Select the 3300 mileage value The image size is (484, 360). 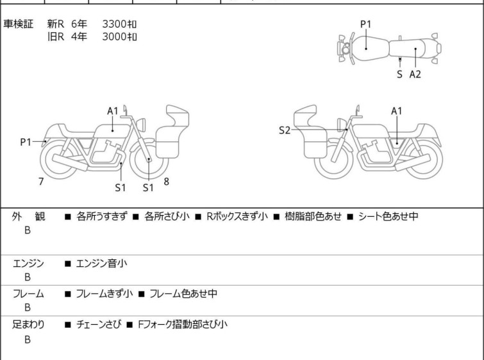click(x=119, y=24)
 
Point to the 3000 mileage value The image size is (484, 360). click(x=119, y=36)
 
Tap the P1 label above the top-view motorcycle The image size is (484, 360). click(x=365, y=24)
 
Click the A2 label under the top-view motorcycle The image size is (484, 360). click(x=415, y=74)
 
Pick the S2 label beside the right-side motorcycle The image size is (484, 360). click(x=285, y=130)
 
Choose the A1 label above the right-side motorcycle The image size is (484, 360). click(x=397, y=110)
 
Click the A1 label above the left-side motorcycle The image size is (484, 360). click(x=113, y=110)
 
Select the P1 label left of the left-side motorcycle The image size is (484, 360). click(x=26, y=142)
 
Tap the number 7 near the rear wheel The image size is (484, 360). click(x=41, y=182)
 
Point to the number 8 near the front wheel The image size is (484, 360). click(x=166, y=181)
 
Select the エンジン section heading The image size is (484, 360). click(x=28, y=263)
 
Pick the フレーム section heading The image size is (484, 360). click(x=28, y=294)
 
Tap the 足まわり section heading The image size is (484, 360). click(x=28, y=325)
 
